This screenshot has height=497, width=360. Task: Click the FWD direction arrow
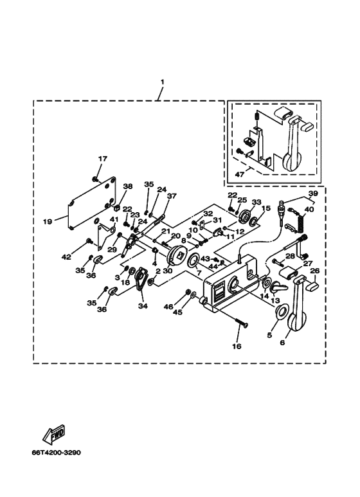pos(54,433)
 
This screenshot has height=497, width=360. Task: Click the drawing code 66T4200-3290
pos(56,452)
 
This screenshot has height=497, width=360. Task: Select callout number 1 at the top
pos(162,82)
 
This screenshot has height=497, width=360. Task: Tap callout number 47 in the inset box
pos(240,174)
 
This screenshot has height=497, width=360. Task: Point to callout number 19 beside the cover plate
pos(48,222)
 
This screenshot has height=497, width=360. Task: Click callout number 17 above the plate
pos(103,159)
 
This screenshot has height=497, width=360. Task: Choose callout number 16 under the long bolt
pos(237,346)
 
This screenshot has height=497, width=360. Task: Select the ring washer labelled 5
pos(281,311)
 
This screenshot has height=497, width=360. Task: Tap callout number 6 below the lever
pos(282,342)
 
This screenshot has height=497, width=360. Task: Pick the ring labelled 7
pos(193,260)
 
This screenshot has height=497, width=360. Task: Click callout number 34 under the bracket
pos(142,305)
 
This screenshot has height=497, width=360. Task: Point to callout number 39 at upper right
pos(313,194)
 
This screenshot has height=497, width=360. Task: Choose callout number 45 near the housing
pos(177,312)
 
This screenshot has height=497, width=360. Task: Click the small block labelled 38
pos(116,208)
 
